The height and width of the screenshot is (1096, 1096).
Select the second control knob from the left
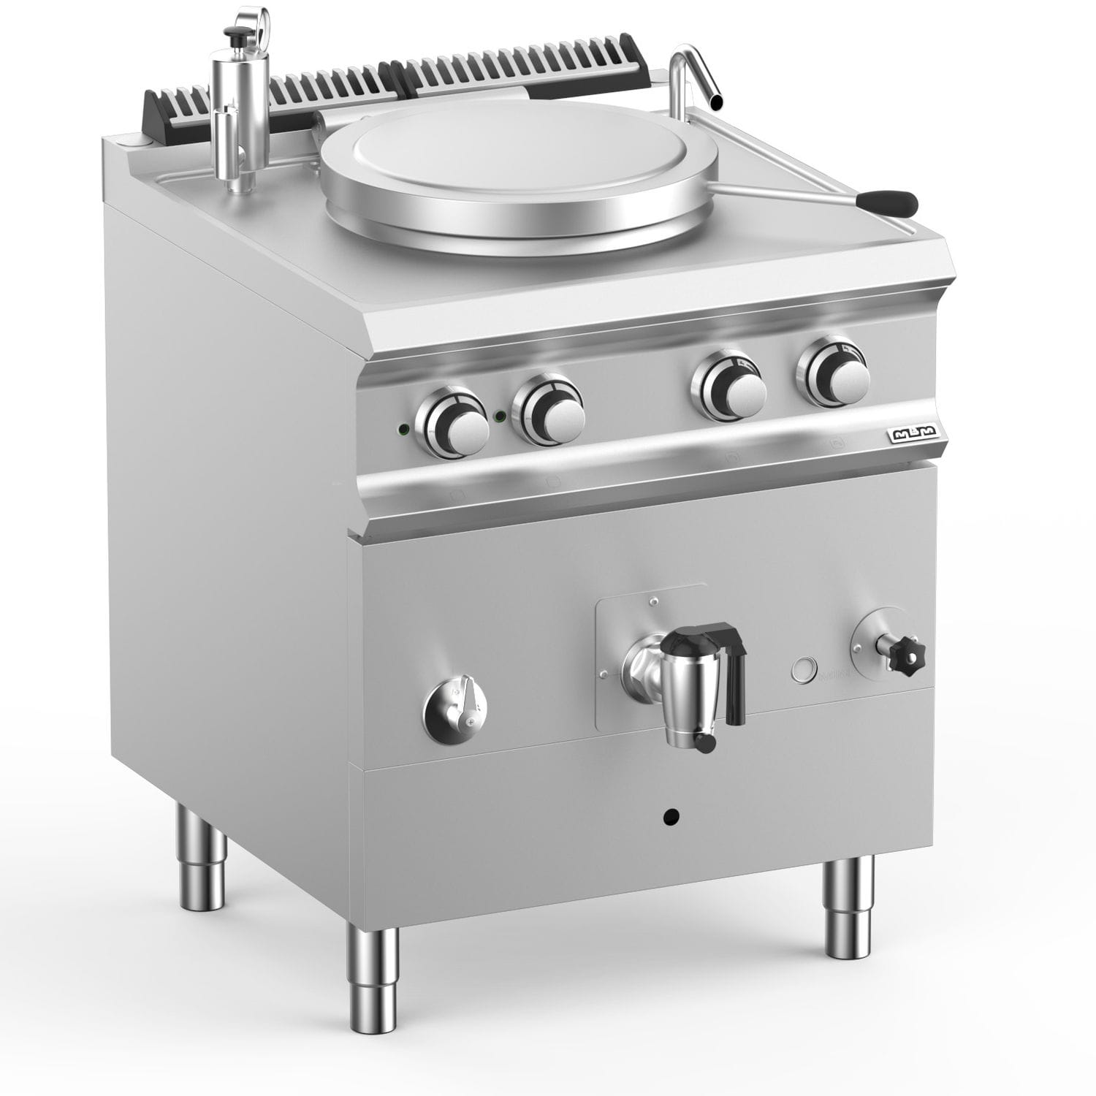(x=549, y=414)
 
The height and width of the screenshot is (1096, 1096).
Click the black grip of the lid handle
(x=886, y=199)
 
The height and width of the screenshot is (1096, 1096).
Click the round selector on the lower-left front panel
(x=455, y=708)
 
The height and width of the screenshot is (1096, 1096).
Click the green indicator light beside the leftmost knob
(x=401, y=428)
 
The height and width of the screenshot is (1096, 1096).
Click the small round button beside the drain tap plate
(x=803, y=669)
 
